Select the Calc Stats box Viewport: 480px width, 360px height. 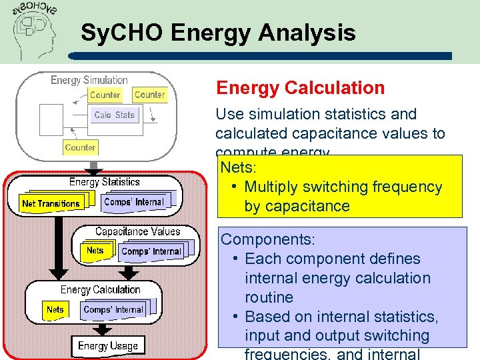click(x=114, y=115)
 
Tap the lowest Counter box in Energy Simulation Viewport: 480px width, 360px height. click(x=80, y=147)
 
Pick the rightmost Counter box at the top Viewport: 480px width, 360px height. click(x=149, y=95)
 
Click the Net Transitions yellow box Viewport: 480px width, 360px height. click(x=51, y=203)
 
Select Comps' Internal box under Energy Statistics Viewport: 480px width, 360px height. click(x=133, y=201)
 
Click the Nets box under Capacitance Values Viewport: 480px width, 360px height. click(x=95, y=251)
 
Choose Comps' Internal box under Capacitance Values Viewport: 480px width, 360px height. click(x=151, y=251)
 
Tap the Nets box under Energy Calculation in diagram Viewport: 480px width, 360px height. click(x=55, y=309)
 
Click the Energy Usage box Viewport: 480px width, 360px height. click(x=107, y=345)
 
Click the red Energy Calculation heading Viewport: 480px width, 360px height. click(x=300, y=88)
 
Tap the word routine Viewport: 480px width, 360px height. click(x=269, y=297)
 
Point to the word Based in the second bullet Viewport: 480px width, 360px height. click(x=267, y=316)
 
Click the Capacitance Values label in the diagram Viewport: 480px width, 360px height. click(x=137, y=231)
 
